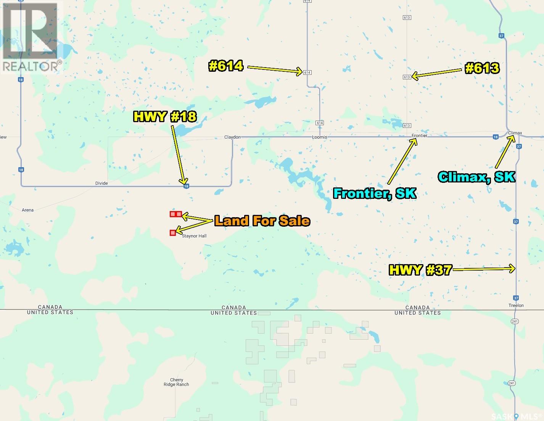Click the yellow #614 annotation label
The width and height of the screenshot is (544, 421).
(226, 66)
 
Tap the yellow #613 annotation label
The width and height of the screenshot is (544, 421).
(482, 68)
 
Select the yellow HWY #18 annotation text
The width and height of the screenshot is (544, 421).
(165, 116)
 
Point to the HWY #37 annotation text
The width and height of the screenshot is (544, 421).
(420, 270)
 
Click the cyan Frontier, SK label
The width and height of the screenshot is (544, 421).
(374, 193)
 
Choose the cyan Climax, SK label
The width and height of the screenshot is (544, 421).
(476, 177)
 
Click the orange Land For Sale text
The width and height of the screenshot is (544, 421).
(262, 221)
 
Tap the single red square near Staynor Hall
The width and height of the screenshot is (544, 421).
(173, 232)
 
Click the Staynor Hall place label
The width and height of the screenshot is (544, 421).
(194, 236)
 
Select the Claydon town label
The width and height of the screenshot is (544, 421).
(232, 137)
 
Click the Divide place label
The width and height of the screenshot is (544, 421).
(101, 183)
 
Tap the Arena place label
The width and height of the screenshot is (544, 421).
(28, 210)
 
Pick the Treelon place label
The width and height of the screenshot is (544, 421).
(516, 305)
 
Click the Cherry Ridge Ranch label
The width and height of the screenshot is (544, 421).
(177, 382)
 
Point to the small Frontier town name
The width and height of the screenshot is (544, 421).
(420, 135)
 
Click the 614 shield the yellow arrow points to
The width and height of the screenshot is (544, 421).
(307, 73)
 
